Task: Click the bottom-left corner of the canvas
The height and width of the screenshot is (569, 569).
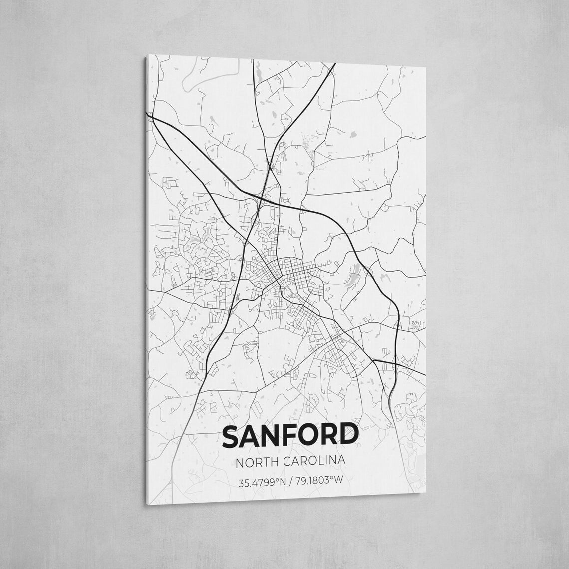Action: click(x=146, y=505)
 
